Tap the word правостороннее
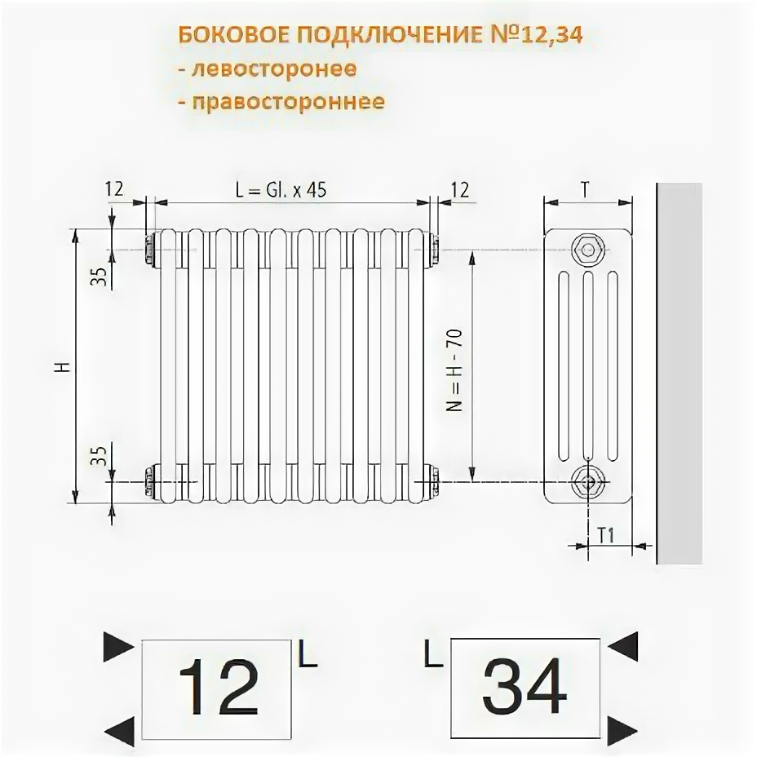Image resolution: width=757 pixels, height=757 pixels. point(288,102)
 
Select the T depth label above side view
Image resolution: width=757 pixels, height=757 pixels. point(585,188)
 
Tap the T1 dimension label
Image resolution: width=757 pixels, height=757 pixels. point(606,535)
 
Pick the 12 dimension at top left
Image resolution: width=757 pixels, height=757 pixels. point(113,189)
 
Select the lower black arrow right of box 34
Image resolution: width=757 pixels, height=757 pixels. point(624,725)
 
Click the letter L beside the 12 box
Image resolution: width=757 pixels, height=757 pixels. point(307,655)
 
